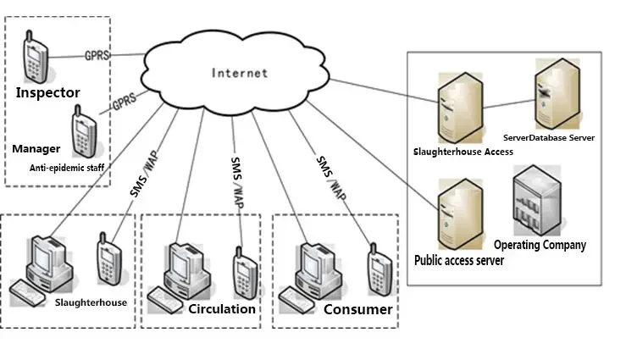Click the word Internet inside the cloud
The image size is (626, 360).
pos(240,73)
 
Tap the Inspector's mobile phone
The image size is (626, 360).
pos(36,57)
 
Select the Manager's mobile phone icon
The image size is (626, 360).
pos(84,131)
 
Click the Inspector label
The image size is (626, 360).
pos(48,92)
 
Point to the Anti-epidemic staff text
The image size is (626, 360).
pos(67,168)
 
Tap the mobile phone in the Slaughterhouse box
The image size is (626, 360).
pos(109,258)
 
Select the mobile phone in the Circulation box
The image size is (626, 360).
pos(245,273)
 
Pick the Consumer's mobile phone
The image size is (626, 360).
pos(379,269)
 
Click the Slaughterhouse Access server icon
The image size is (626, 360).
pos(460,108)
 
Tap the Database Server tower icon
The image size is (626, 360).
pos(557,94)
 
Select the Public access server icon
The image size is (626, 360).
pos(460,214)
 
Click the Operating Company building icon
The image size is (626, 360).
pos(537,201)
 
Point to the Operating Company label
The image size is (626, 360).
pos(540,245)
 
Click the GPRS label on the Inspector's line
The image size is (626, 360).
pos(97,55)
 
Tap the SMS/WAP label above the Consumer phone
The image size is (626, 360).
pos(331,178)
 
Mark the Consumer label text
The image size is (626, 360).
pos(358,309)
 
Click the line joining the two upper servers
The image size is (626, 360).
pos(509,104)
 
